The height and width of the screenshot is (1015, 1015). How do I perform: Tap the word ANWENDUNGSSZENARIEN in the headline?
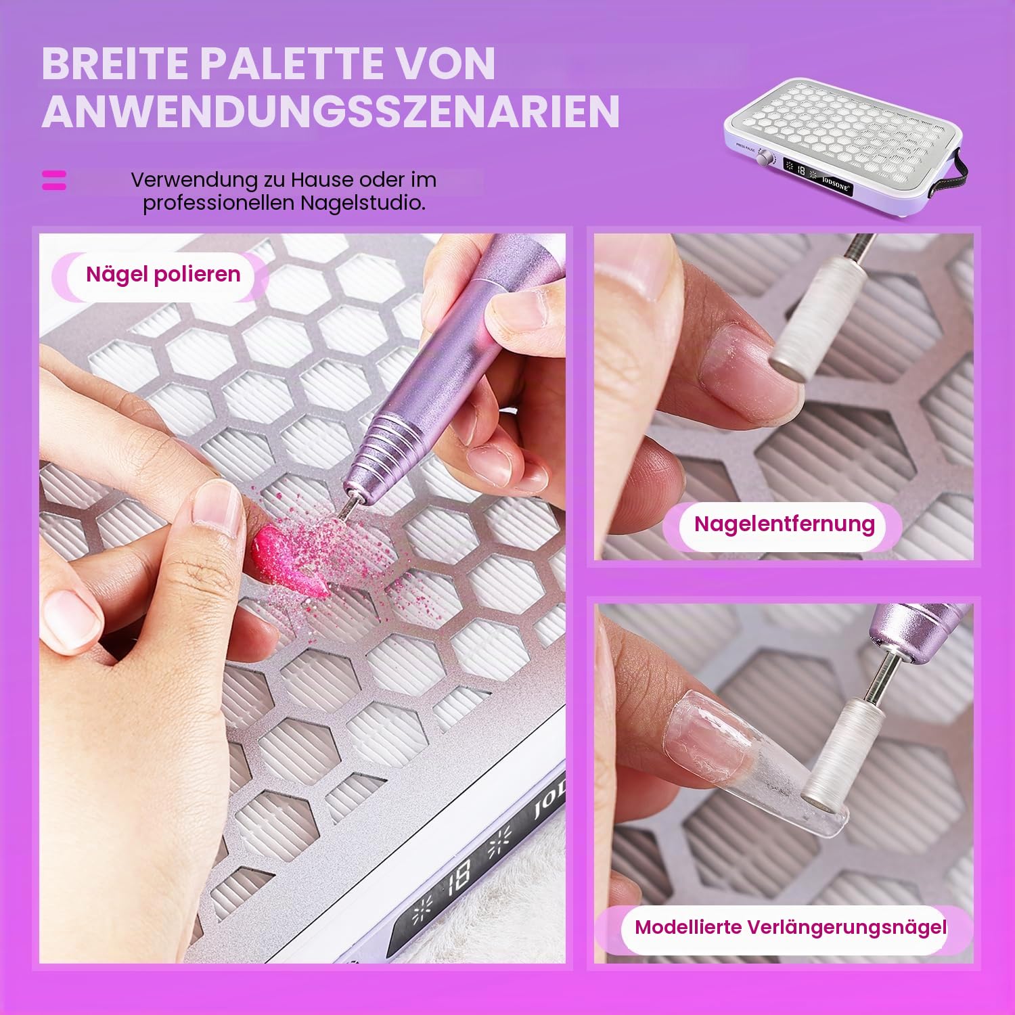(331, 111)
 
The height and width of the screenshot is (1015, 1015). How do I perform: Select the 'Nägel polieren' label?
(163, 275)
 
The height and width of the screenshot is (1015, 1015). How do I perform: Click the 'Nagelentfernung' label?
(784, 524)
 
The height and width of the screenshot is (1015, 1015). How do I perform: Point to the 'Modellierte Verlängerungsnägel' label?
(790, 928)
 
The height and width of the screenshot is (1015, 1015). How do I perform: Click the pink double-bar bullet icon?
(54, 180)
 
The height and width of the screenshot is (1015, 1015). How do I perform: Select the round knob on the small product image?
(765, 159)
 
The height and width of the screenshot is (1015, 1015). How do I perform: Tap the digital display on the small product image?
(817, 178)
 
